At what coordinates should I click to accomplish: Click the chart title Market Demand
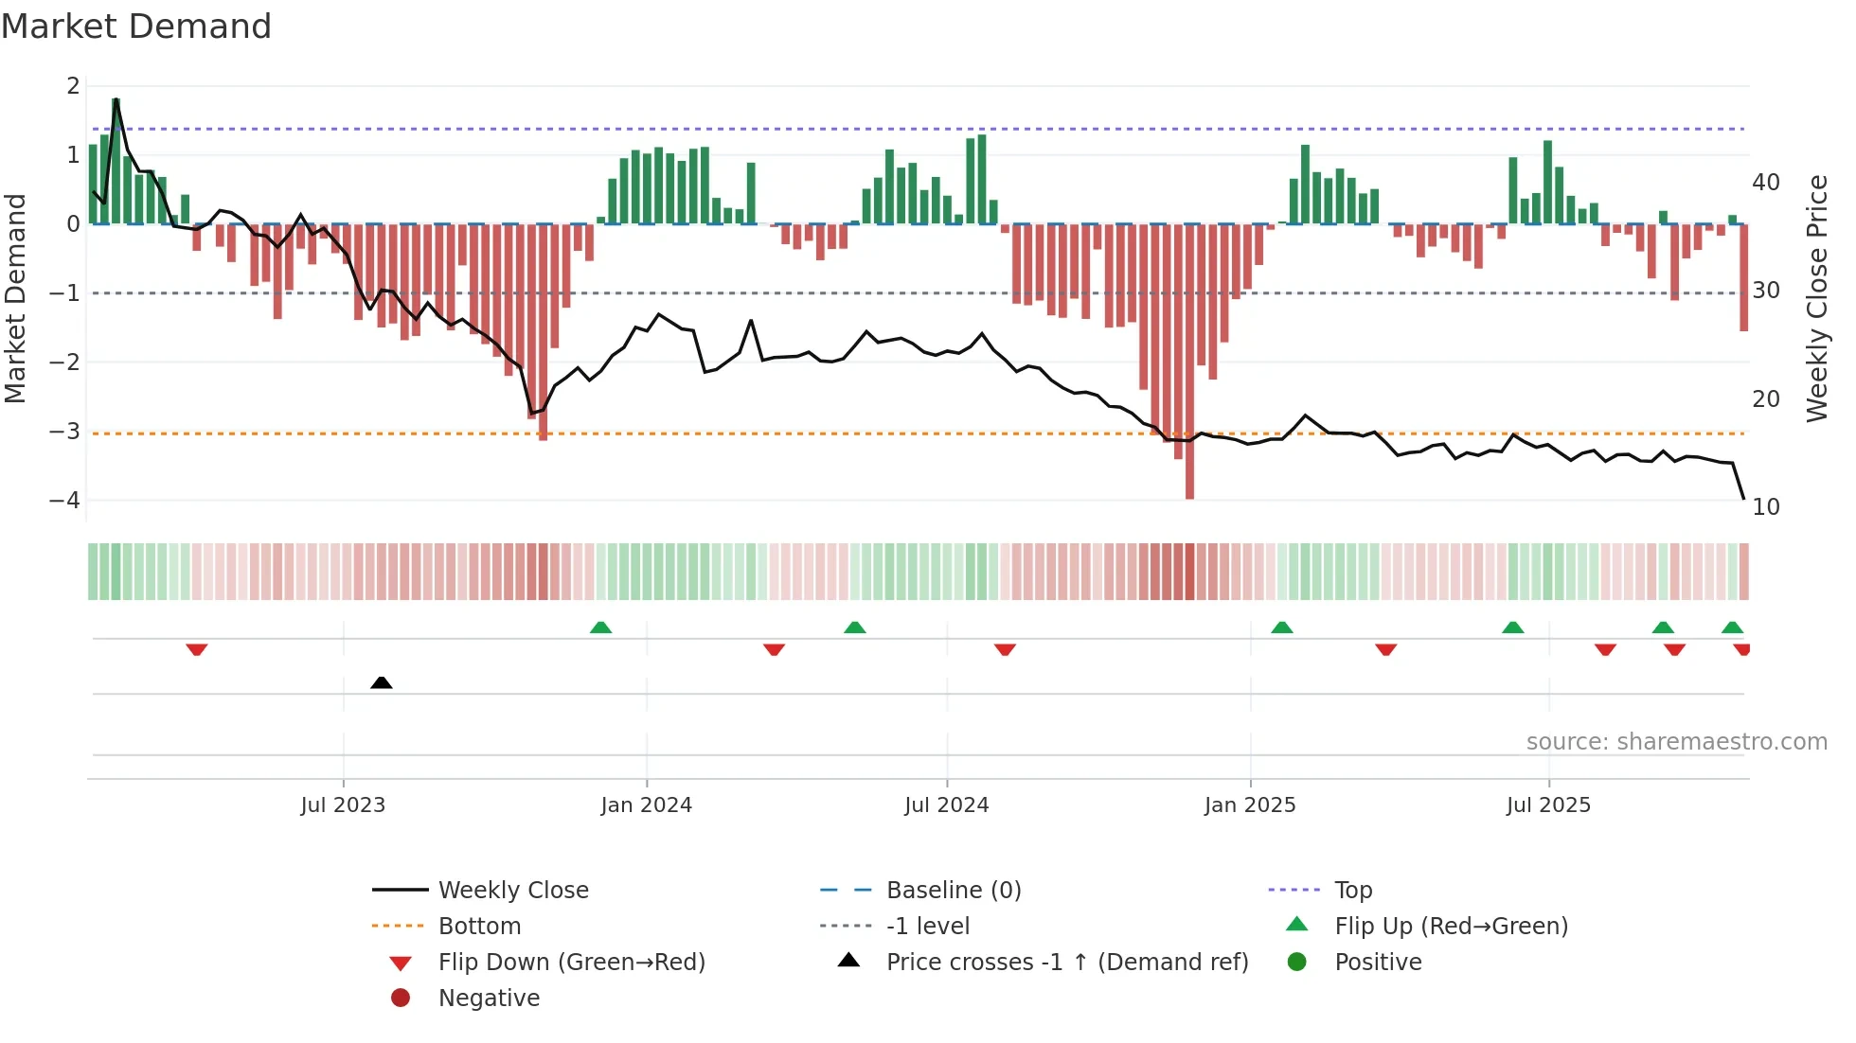(x=136, y=27)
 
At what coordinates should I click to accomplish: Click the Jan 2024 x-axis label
(x=646, y=805)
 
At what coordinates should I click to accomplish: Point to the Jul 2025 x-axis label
(x=1548, y=805)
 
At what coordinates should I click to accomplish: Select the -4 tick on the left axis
(x=64, y=500)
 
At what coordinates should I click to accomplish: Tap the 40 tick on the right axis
(x=1765, y=182)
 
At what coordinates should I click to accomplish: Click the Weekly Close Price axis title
(x=1816, y=298)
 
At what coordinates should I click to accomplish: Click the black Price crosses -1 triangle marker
(x=382, y=682)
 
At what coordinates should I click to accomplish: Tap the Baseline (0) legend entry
(x=953, y=891)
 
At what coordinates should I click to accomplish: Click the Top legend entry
(x=1352, y=891)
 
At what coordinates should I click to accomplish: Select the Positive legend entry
(x=1377, y=963)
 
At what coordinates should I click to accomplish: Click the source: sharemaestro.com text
(x=1676, y=742)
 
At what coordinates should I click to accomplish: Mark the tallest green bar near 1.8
(x=116, y=161)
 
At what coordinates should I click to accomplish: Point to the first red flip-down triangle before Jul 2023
(x=197, y=649)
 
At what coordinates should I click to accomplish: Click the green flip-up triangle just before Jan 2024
(x=600, y=628)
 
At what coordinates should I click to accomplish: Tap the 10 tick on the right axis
(x=1765, y=507)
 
